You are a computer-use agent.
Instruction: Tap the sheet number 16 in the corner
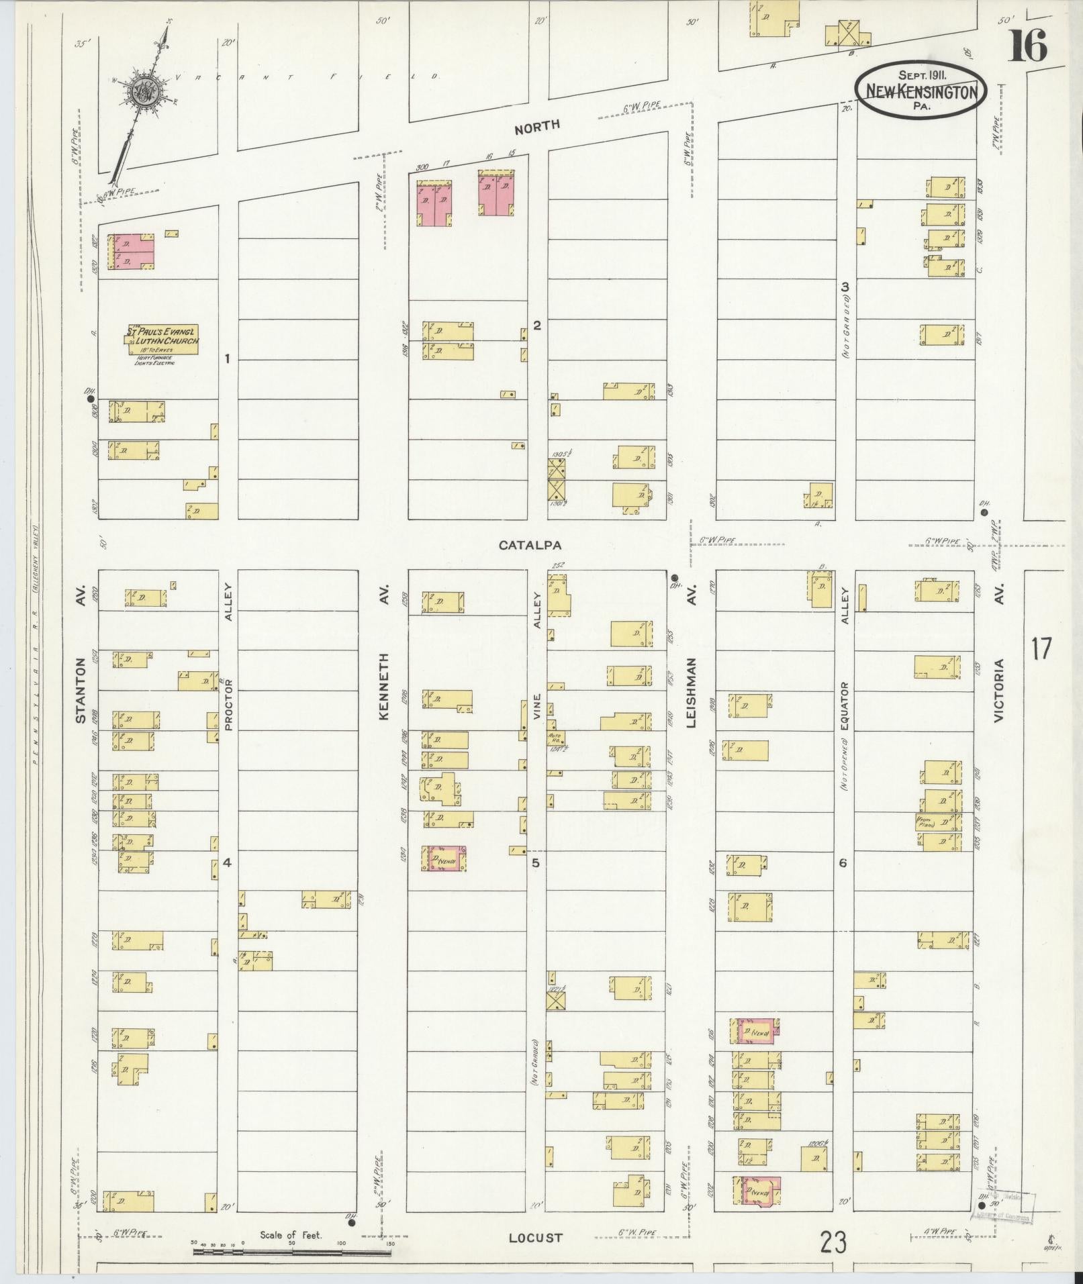point(1027,46)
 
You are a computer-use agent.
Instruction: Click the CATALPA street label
point(529,546)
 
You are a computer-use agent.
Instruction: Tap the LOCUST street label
point(534,1238)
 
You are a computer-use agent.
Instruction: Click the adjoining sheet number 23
point(833,1242)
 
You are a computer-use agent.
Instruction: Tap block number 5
point(536,863)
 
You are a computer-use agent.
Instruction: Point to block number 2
point(536,326)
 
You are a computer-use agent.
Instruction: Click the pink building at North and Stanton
point(132,252)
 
